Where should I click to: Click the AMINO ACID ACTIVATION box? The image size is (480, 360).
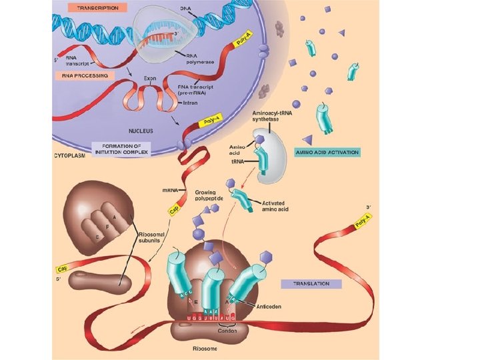point(327,152)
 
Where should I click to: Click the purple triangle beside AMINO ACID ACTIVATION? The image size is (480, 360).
point(307,139)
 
